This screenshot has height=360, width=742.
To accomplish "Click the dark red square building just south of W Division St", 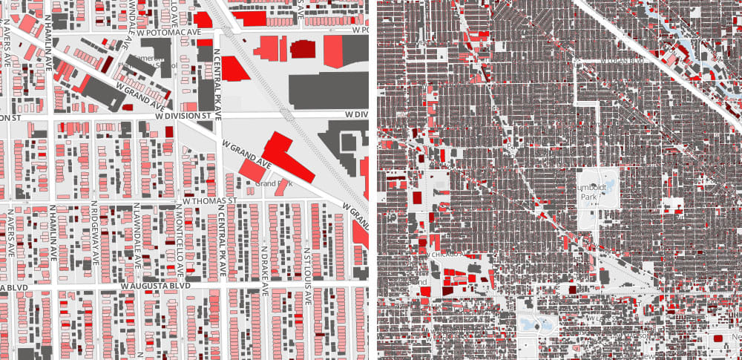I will [x=169, y=131].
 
